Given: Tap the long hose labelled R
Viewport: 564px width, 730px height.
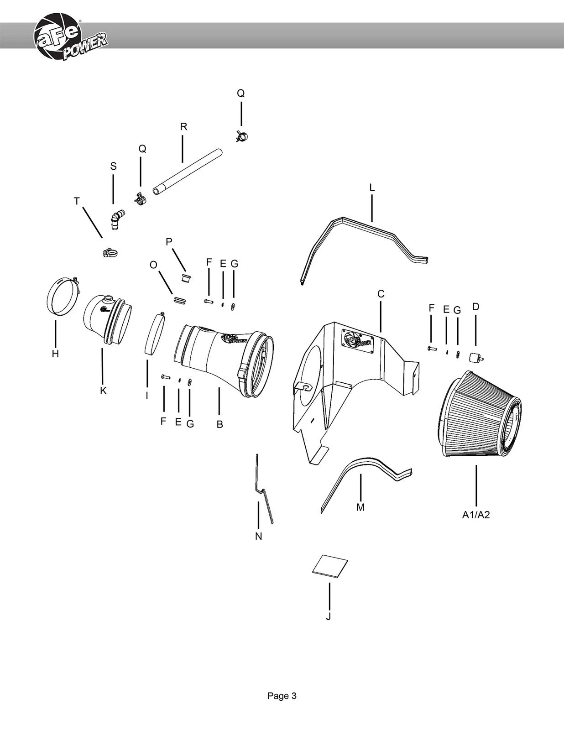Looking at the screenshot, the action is [x=188, y=172].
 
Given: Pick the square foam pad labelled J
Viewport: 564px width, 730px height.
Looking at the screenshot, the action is [x=330, y=566].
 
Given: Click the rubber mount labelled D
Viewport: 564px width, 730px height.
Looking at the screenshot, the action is [x=475, y=357].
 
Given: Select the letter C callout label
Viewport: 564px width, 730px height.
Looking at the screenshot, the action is [x=381, y=294].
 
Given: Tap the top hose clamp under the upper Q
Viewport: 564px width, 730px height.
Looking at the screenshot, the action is [x=241, y=136].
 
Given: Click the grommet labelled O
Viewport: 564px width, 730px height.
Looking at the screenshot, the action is [x=180, y=300].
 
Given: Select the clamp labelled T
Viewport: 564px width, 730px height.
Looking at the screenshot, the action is [x=110, y=252].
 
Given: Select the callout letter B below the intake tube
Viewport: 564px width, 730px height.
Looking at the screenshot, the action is [x=219, y=424].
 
